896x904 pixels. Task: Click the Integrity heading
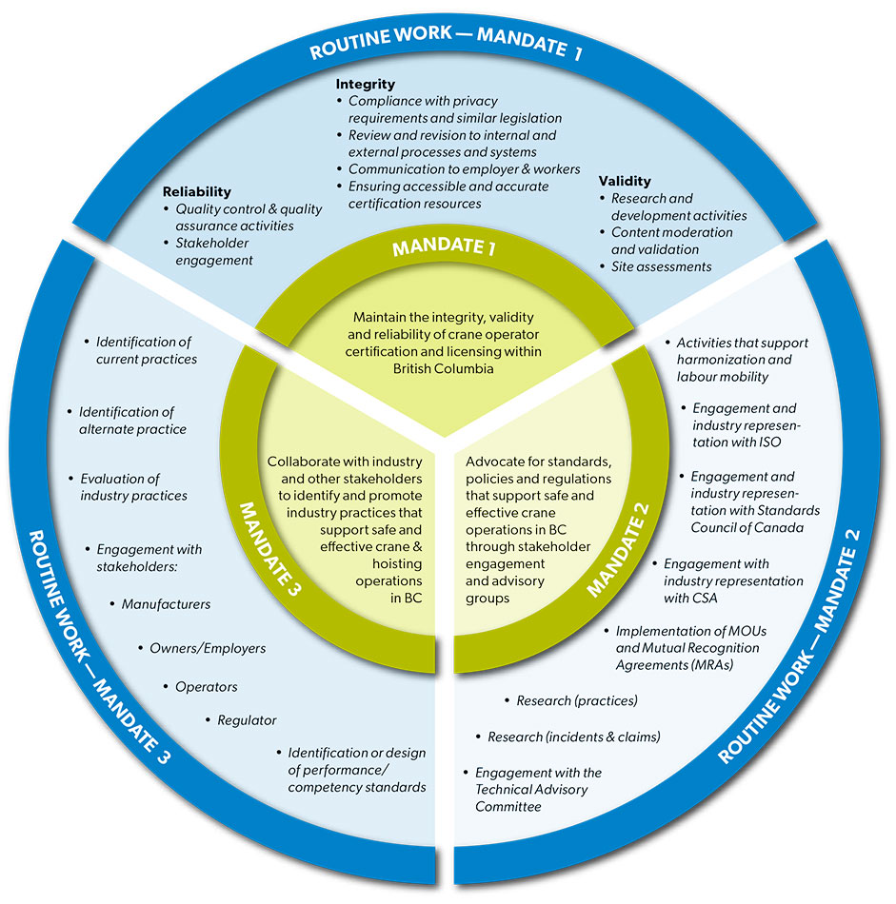click(365, 85)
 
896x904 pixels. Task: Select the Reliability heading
click(196, 191)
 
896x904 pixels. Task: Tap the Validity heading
click(625, 181)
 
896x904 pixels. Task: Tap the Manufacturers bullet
click(166, 604)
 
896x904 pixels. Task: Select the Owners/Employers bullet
click(207, 648)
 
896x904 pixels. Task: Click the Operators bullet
click(206, 686)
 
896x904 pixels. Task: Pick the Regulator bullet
click(247, 720)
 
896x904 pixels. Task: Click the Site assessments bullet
click(661, 266)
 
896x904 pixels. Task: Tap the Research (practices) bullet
click(576, 701)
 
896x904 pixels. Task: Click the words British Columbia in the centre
click(445, 369)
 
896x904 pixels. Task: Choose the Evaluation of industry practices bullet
click(132, 487)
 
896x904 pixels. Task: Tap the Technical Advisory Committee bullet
click(538, 790)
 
